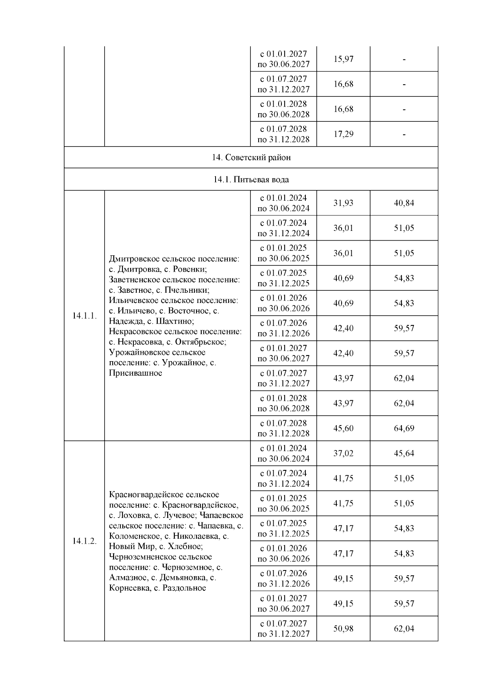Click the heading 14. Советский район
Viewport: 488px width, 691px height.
tap(251, 157)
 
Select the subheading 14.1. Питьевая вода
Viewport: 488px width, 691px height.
tap(251, 179)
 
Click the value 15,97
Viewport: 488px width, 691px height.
tap(343, 59)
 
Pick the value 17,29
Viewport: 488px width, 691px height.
tap(343, 134)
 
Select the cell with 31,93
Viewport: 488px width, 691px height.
tap(343, 203)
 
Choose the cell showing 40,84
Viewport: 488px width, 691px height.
tap(404, 203)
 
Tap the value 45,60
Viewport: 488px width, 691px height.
tap(343, 428)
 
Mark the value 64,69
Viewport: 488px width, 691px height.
tap(404, 428)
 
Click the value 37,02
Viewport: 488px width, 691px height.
tap(343, 453)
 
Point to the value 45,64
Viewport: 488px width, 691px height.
tap(404, 453)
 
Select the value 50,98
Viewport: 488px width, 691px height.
tap(343, 629)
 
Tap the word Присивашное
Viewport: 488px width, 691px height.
tap(135, 373)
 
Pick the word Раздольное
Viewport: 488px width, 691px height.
tap(184, 588)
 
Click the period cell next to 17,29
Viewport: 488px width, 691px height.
tap(283, 134)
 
